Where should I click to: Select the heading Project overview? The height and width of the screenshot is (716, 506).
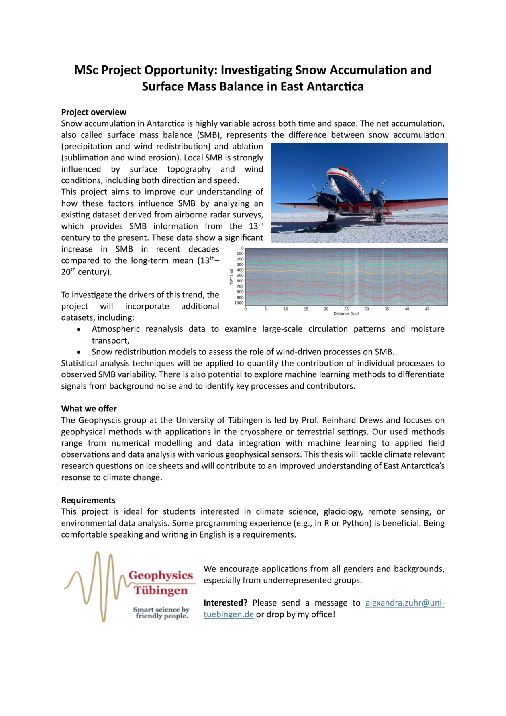[94, 112]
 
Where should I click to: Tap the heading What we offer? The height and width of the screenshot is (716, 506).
[89, 409]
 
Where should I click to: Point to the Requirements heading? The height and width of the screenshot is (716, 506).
[88, 500]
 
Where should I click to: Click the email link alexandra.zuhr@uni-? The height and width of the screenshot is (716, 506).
[405, 603]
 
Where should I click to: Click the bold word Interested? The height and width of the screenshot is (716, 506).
[225, 603]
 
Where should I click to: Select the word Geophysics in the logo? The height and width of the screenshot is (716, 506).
[161, 575]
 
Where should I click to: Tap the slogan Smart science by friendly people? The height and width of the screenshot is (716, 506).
[161, 612]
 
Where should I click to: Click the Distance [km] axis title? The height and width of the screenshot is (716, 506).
[346, 313]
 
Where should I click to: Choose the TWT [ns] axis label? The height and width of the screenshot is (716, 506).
[231, 277]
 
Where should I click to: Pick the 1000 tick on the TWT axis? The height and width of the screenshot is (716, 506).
[239, 303]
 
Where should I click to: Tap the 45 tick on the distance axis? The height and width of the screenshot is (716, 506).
[427, 309]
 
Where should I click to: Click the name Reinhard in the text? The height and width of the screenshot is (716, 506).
[338, 420]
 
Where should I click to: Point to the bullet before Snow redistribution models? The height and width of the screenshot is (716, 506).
[79, 352]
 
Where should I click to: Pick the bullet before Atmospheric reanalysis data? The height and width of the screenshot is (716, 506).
[79, 329]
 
